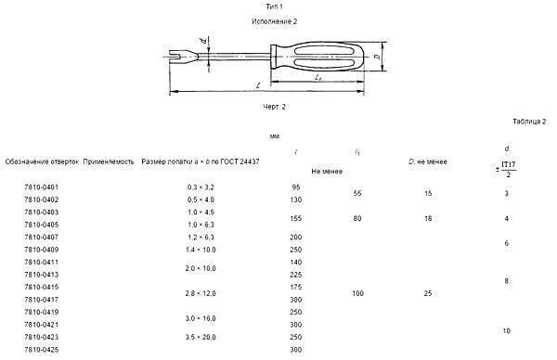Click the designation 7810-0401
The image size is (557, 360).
pos(41,187)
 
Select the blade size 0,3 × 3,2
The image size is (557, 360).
pos(201,187)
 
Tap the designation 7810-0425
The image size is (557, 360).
pos(41,350)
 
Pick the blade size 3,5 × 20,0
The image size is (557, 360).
pos(201,337)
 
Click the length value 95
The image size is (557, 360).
pos(296,187)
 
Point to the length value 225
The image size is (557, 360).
pos(296,275)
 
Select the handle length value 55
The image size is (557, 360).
pos(357,194)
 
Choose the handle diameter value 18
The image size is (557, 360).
pos(428,218)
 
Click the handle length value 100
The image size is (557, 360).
pos(357,293)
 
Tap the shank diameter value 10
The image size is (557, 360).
pos(507,331)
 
